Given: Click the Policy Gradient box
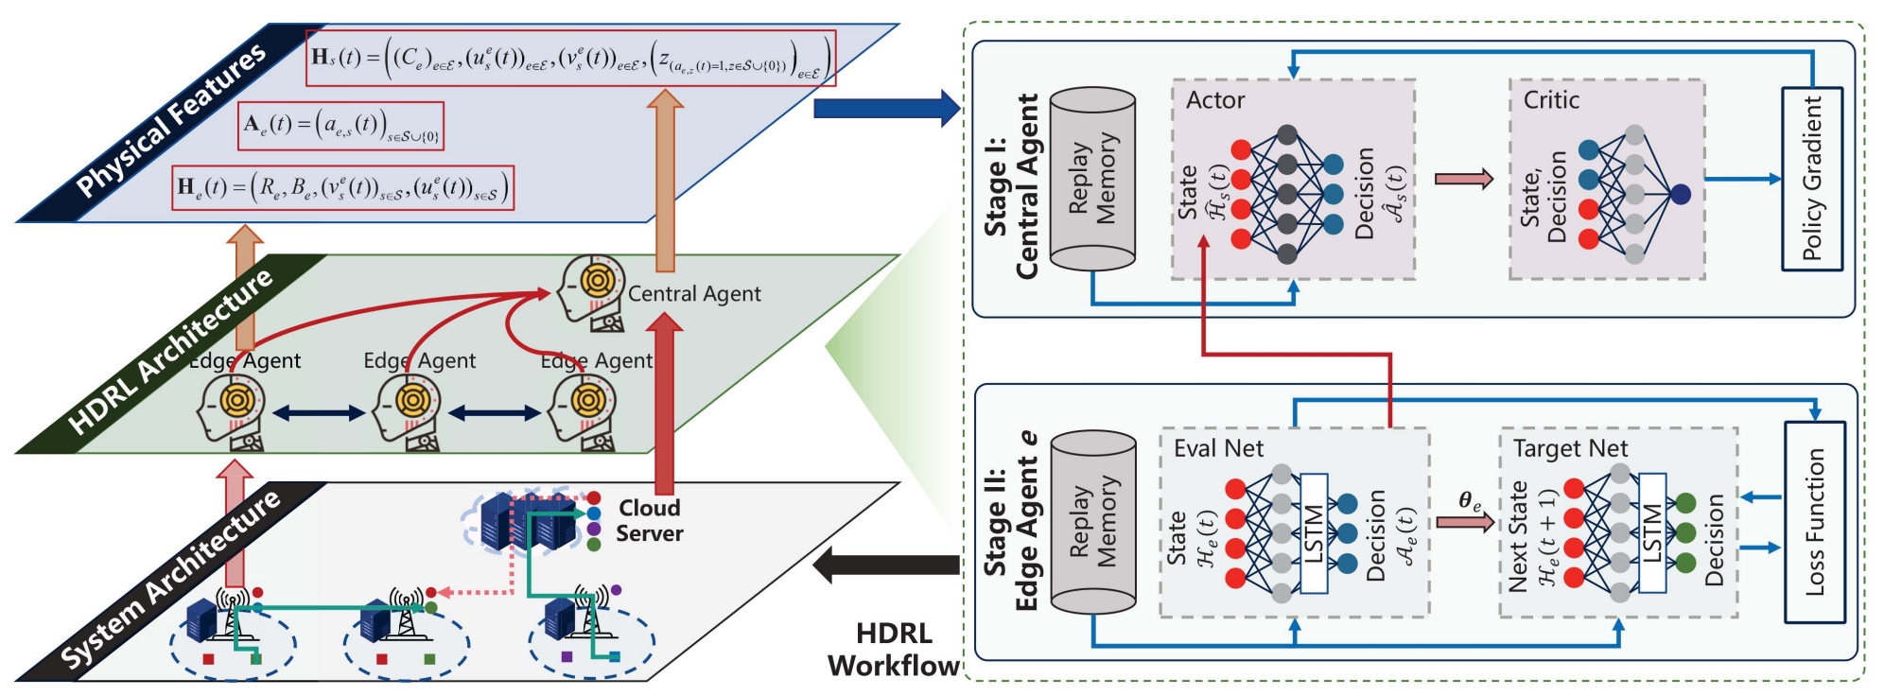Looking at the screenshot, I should pos(1811,179).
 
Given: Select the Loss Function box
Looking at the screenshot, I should pos(1814,522).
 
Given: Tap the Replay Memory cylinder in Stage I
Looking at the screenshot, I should pos(1092,179).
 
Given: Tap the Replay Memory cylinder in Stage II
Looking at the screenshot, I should pos(1093,522).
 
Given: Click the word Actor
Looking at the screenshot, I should pos(1215,100).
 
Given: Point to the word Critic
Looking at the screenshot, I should pos(1551,100).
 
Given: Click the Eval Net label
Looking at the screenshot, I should pos(1218,448).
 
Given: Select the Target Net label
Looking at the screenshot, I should pos(1570,448).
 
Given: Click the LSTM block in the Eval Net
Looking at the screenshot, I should pos(1314,533).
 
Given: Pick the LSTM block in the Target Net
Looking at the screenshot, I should pos(1651,533).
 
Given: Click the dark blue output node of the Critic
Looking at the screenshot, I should pos(1680,194).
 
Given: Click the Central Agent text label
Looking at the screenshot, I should pos(694,294).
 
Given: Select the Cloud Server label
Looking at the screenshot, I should pos(649,520).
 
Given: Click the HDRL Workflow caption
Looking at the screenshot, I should pos(894,649).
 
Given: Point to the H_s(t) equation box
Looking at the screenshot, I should pos(570,58).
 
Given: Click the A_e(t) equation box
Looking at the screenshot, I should pos(340,126).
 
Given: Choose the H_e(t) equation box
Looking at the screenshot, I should pos(343,187).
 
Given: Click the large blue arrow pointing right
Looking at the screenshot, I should pos(886,108).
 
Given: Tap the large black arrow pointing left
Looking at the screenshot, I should pos(886,565).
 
